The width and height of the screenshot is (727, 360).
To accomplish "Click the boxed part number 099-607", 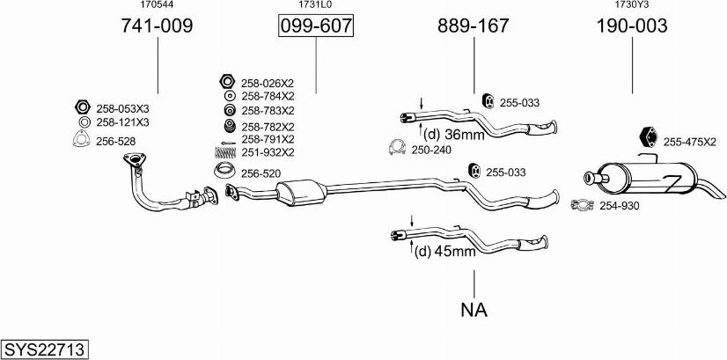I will coord(315,27).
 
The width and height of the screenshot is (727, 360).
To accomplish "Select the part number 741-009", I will coord(157,27).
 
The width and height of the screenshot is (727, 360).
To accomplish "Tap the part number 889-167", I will coord(474,27).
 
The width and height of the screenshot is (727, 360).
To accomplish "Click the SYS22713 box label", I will coord(45,349).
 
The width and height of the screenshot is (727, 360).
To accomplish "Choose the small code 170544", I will coord(157,5).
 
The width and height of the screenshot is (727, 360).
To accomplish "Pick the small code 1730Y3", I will coord(632,5).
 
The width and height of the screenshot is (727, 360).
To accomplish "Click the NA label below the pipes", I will coord(474,310).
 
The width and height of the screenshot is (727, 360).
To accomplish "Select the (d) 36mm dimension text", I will coord(453,135).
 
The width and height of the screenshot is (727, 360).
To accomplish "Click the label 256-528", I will coord(115,141).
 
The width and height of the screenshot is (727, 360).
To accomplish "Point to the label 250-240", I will coord(431,150).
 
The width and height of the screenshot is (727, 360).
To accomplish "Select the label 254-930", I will coord(620,206).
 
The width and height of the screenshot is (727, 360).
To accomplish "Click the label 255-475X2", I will coord(690,142).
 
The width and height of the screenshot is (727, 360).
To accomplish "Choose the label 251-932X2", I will coord(268,152).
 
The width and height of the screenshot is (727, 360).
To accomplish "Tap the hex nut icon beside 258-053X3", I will coord(83,108).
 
